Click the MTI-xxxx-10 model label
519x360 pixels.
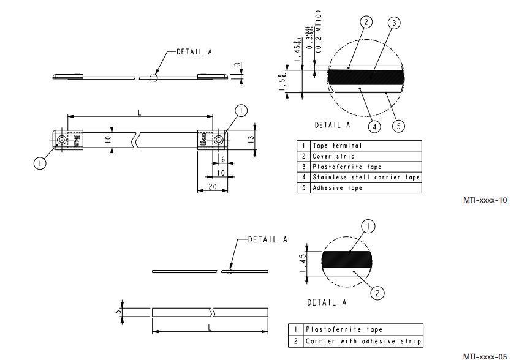tap(485, 200)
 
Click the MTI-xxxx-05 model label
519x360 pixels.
tap(485, 356)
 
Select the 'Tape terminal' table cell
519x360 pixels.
tap(337, 146)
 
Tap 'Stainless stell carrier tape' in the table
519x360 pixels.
tap(366, 177)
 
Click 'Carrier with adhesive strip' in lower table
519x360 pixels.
tap(363, 341)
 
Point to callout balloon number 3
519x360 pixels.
tap(394, 23)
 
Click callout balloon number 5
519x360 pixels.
tap(398, 126)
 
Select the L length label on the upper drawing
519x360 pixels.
tap(140, 111)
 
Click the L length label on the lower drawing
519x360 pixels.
tap(210, 328)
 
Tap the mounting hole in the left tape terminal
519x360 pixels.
tap(63, 140)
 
